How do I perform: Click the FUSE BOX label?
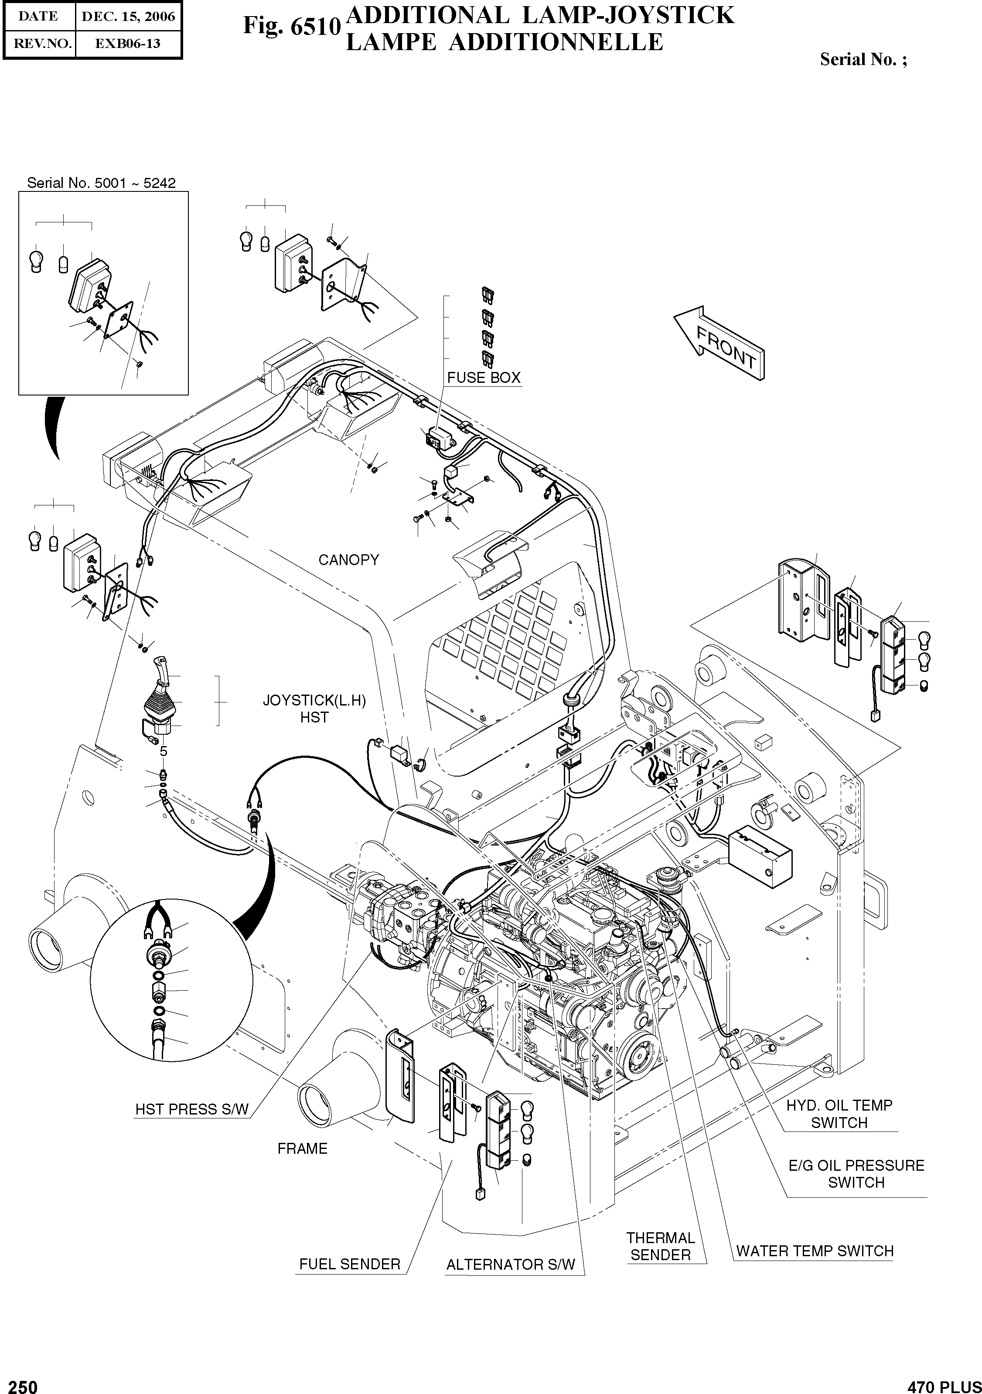click(484, 378)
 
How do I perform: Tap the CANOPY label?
click(348, 560)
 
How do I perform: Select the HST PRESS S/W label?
click(192, 1109)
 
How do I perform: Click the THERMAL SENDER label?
click(660, 1247)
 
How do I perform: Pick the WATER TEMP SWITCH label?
click(815, 1251)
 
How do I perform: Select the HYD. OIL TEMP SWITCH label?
click(839, 1114)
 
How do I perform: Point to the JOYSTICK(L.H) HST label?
click(314, 709)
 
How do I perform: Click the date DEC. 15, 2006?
click(128, 17)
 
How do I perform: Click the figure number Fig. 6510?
click(291, 27)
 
